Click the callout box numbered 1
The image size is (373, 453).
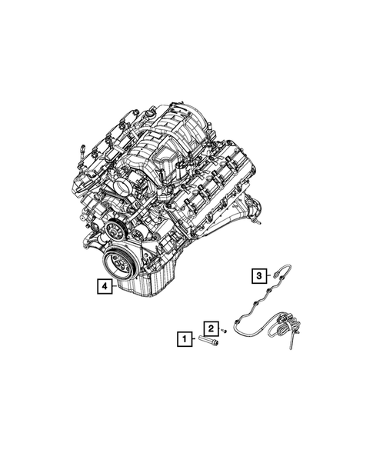[x=184, y=338]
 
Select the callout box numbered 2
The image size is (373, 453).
[x=210, y=327]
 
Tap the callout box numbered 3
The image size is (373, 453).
[x=260, y=274]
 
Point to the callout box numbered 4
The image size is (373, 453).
[x=103, y=287]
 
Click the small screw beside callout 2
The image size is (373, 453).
[x=224, y=329]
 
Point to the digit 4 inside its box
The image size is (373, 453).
[x=103, y=287]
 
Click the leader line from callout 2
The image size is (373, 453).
[x=218, y=328]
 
